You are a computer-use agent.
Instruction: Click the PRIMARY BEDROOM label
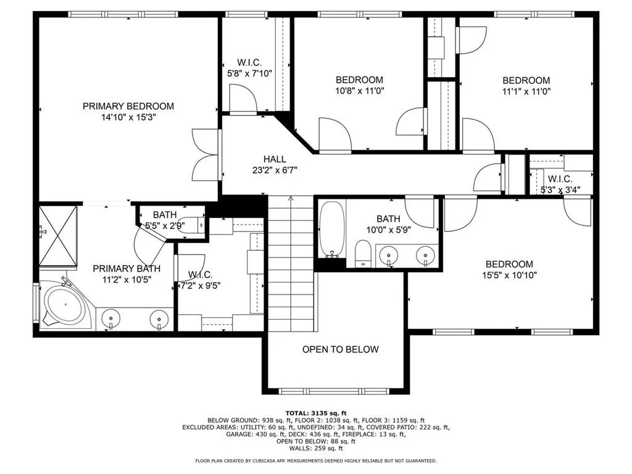click(x=128, y=106)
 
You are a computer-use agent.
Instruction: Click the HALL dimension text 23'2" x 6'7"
click(x=275, y=170)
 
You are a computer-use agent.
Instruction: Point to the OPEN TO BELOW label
click(x=340, y=349)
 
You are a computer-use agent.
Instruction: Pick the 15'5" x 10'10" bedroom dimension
click(x=509, y=275)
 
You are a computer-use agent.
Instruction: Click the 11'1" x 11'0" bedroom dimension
click(x=526, y=91)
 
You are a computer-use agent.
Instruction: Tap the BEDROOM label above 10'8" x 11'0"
click(x=359, y=80)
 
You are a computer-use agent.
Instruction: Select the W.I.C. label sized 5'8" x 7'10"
click(x=249, y=62)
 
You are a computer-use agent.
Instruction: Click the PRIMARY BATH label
click(x=127, y=268)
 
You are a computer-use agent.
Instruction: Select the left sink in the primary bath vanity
click(x=112, y=318)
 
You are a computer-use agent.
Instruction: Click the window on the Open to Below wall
click(x=334, y=391)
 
